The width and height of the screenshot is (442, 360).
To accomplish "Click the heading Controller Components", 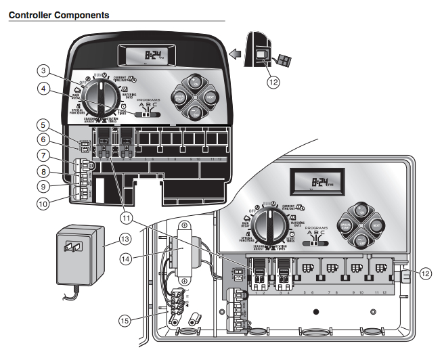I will [58, 14].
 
